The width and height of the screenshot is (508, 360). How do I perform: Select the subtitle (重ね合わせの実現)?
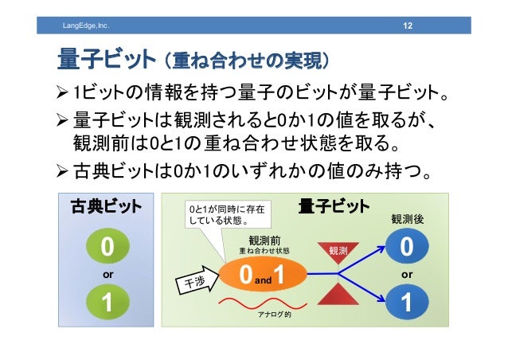click(244, 61)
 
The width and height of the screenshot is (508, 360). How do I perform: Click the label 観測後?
click(407, 218)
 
